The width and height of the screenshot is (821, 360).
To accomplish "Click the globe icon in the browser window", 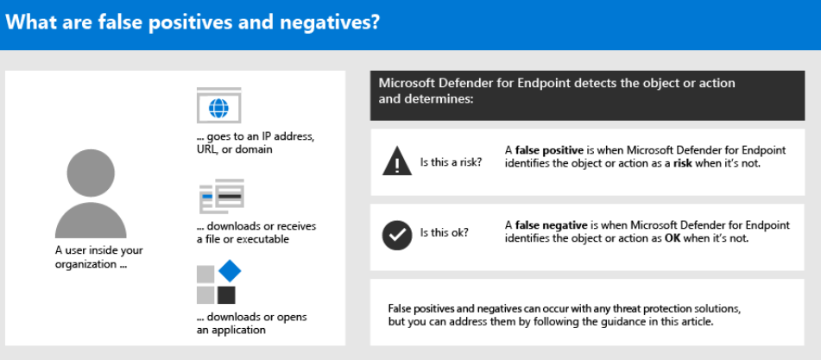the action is tap(219, 108).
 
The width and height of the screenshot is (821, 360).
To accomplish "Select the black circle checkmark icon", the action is tap(397, 236).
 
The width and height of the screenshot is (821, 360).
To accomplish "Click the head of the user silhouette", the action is tap(91, 173).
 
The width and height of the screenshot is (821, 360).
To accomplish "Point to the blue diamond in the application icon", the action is tap(230, 271).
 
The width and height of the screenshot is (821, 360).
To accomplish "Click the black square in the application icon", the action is tap(226, 295).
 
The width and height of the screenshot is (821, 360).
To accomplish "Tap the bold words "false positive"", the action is tap(549, 151).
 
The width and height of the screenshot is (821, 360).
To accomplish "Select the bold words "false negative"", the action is tap(551, 225).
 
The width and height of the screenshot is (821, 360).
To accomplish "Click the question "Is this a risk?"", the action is tap(452, 162).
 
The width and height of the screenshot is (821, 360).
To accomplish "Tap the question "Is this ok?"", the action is tap(445, 232).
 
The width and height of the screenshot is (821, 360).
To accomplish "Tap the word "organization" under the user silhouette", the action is tap(85, 264).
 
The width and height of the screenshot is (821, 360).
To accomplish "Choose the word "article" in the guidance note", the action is tap(697, 321).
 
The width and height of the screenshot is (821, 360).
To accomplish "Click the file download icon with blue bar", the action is tap(222, 196).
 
